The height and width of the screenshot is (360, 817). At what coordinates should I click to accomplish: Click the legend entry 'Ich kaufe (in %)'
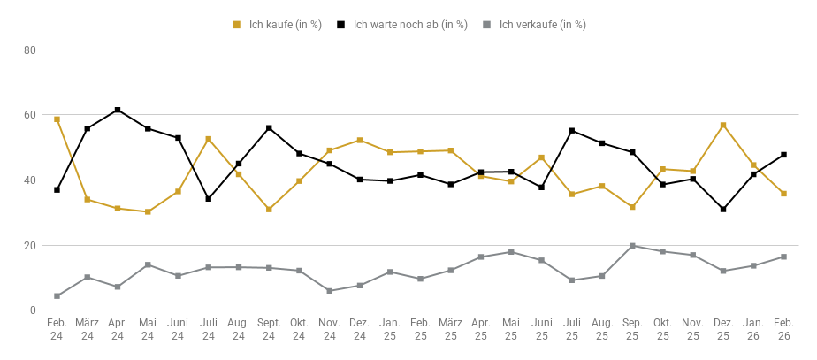(279, 25)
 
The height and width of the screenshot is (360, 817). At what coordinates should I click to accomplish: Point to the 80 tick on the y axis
(29, 50)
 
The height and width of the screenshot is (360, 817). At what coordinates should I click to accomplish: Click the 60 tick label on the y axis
(29, 115)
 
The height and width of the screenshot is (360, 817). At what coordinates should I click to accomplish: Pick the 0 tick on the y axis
(32, 310)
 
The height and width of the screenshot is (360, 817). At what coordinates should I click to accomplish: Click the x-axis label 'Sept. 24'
(269, 330)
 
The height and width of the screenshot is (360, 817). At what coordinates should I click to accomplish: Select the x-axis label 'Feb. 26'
(783, 330)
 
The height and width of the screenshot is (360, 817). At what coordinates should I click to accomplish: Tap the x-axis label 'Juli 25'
(572, 330)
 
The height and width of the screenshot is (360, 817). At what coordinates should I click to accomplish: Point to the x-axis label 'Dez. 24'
(360, 330)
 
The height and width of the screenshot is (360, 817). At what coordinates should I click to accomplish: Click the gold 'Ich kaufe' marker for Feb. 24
(57, 119)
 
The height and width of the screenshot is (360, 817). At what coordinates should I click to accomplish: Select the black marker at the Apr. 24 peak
(118, 110)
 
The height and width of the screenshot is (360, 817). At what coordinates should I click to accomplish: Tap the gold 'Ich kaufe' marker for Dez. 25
(723, 126)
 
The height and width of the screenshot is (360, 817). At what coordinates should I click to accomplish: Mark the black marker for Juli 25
(572, 131)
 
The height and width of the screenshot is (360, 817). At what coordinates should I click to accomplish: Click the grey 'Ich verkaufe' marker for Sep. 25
(632, 246)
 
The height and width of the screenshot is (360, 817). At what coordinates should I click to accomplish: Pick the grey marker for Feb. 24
(57, 296)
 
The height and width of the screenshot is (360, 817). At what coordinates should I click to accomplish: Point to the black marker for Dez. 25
(723, 210)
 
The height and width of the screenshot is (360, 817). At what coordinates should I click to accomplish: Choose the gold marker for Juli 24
(209, 139)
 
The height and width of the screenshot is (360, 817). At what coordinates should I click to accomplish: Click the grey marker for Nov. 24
(330, 291)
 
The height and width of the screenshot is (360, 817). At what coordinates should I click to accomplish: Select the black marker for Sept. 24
(269, 128)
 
